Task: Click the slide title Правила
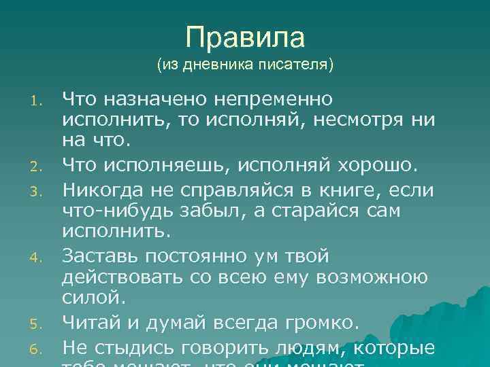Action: pyautogui.click(x=245, y=37)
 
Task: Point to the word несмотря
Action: pyautogui.click(x=357, y=122)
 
